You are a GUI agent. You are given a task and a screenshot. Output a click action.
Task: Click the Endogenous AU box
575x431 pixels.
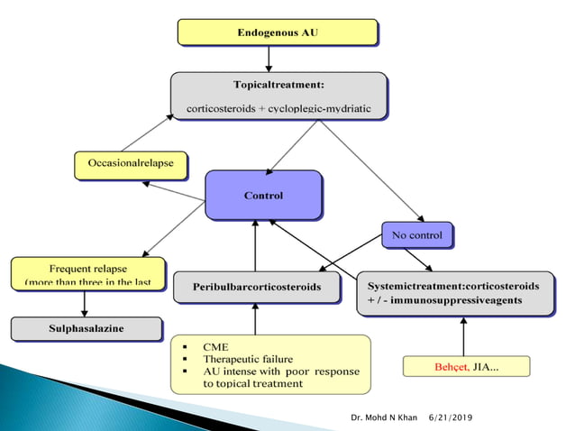pos(277,32)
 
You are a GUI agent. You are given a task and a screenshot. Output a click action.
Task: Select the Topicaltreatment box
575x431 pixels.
pos(278,96)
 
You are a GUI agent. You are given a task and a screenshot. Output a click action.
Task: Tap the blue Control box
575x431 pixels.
pos(263,195)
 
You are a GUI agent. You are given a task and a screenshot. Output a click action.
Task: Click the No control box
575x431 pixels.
pos(416,235)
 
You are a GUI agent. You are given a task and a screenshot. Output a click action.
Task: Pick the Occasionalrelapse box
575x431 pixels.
pos(131,165)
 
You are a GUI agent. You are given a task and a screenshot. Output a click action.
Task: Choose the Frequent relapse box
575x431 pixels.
pos(87,274)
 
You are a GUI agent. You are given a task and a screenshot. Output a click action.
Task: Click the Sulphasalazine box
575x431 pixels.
pos(87,328)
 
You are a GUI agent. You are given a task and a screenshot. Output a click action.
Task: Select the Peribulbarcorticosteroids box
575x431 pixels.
pos(258,287)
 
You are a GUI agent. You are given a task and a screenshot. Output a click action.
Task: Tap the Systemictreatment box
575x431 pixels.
pos(454,292)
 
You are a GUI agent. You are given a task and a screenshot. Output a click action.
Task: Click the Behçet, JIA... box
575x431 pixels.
pos(465,366)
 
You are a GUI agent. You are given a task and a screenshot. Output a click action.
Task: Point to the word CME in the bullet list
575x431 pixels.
pos(215,346)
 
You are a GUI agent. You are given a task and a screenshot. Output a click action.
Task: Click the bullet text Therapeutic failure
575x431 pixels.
pos(249,359)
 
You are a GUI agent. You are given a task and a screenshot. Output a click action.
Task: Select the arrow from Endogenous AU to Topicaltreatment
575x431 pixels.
pos(269,59)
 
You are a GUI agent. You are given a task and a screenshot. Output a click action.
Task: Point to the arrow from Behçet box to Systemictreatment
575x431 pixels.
pos(463,336)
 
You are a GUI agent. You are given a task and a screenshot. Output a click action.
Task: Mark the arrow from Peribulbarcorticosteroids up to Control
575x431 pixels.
pos(255,245)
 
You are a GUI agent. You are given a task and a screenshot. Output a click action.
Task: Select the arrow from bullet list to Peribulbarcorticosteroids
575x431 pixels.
pos(255,318)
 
